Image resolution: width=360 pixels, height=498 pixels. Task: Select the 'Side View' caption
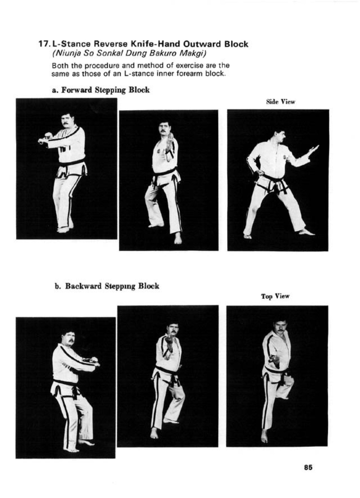pyautogui.click(x=281, y=102)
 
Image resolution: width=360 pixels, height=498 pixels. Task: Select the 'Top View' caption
pyautogui.click(x=275, y=296)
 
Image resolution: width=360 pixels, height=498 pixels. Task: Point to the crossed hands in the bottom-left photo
pyautogui.click(x=91, y=363)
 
